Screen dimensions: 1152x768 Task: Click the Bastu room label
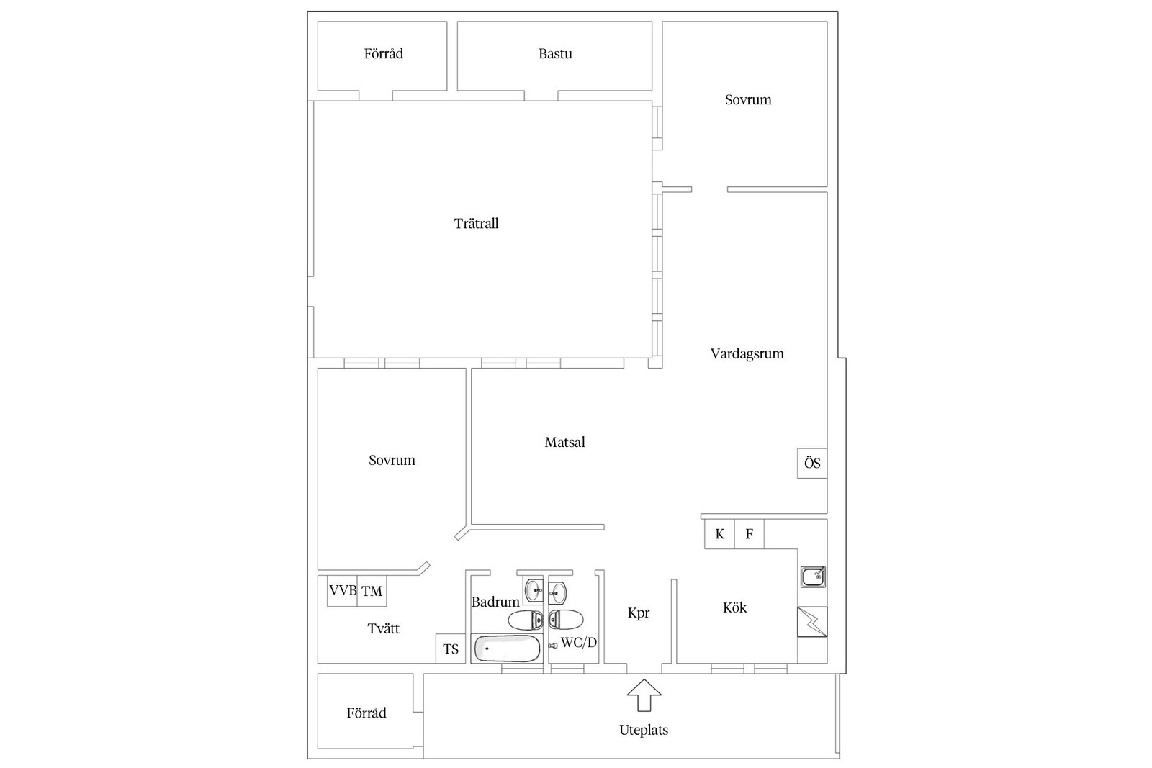point(555,53)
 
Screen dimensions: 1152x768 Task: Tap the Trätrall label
point(476,224)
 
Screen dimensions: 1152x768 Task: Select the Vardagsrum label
point(747,353)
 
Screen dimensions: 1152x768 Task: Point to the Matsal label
point(564,442)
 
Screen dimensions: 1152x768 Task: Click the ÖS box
point(812,463)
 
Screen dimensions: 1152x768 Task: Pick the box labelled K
point(719,534)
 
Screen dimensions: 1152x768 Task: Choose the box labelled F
point(750,534)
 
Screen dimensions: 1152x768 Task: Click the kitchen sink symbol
point(813,577)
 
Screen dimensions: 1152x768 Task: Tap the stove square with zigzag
point(813,621)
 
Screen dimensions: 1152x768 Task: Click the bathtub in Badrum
point(507,649)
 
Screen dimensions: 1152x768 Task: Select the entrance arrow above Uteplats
point(644,695)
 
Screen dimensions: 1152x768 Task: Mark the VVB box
point(343,591)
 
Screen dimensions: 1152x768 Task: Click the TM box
point(372,591)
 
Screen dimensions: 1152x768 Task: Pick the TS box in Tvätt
point(451,649)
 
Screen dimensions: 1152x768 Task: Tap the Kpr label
point(638,613)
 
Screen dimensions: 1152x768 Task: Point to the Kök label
point(734,607)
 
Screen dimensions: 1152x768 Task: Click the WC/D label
point(579,643)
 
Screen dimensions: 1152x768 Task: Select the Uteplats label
point(644,730)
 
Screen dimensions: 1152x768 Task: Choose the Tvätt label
point(383,628)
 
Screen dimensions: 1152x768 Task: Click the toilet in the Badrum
point(526,620)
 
